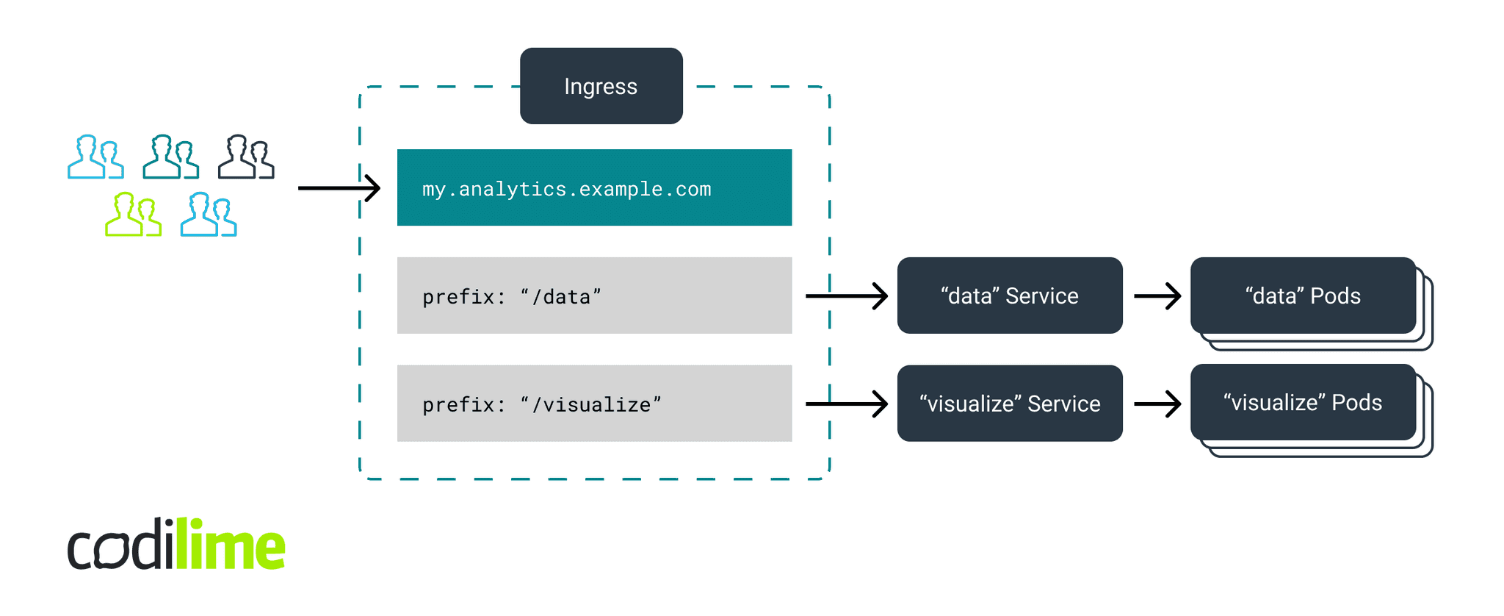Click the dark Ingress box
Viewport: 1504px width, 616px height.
[601, 86]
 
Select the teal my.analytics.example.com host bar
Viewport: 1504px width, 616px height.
[594, 187]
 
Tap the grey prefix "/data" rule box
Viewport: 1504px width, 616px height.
[594, 296]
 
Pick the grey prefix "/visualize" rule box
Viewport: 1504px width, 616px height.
[594, 404]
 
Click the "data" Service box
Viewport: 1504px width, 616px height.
[1009, 296]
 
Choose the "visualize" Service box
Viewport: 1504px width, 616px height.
[1009, 404]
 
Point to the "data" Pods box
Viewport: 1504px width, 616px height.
[1302, 296]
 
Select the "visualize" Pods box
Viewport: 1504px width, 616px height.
[1302, 402]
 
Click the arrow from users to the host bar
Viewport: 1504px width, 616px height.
[339, 188]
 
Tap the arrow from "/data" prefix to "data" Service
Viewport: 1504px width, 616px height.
[846, 296]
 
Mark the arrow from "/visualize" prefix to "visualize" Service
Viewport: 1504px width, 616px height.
[846, 404]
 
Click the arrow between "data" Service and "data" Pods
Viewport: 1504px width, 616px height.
[1157, 296]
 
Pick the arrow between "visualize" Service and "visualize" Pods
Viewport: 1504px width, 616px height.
[1157, 404]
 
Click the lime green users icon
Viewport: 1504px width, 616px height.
[133, 215]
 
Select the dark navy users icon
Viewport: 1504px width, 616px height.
[246, 157]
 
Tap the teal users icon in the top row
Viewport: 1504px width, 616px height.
[170, 157]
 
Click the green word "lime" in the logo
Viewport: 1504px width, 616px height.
[230, 545]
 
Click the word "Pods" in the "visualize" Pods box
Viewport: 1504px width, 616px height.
[1356, 402]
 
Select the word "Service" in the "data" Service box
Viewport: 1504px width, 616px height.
[1041, 296]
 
